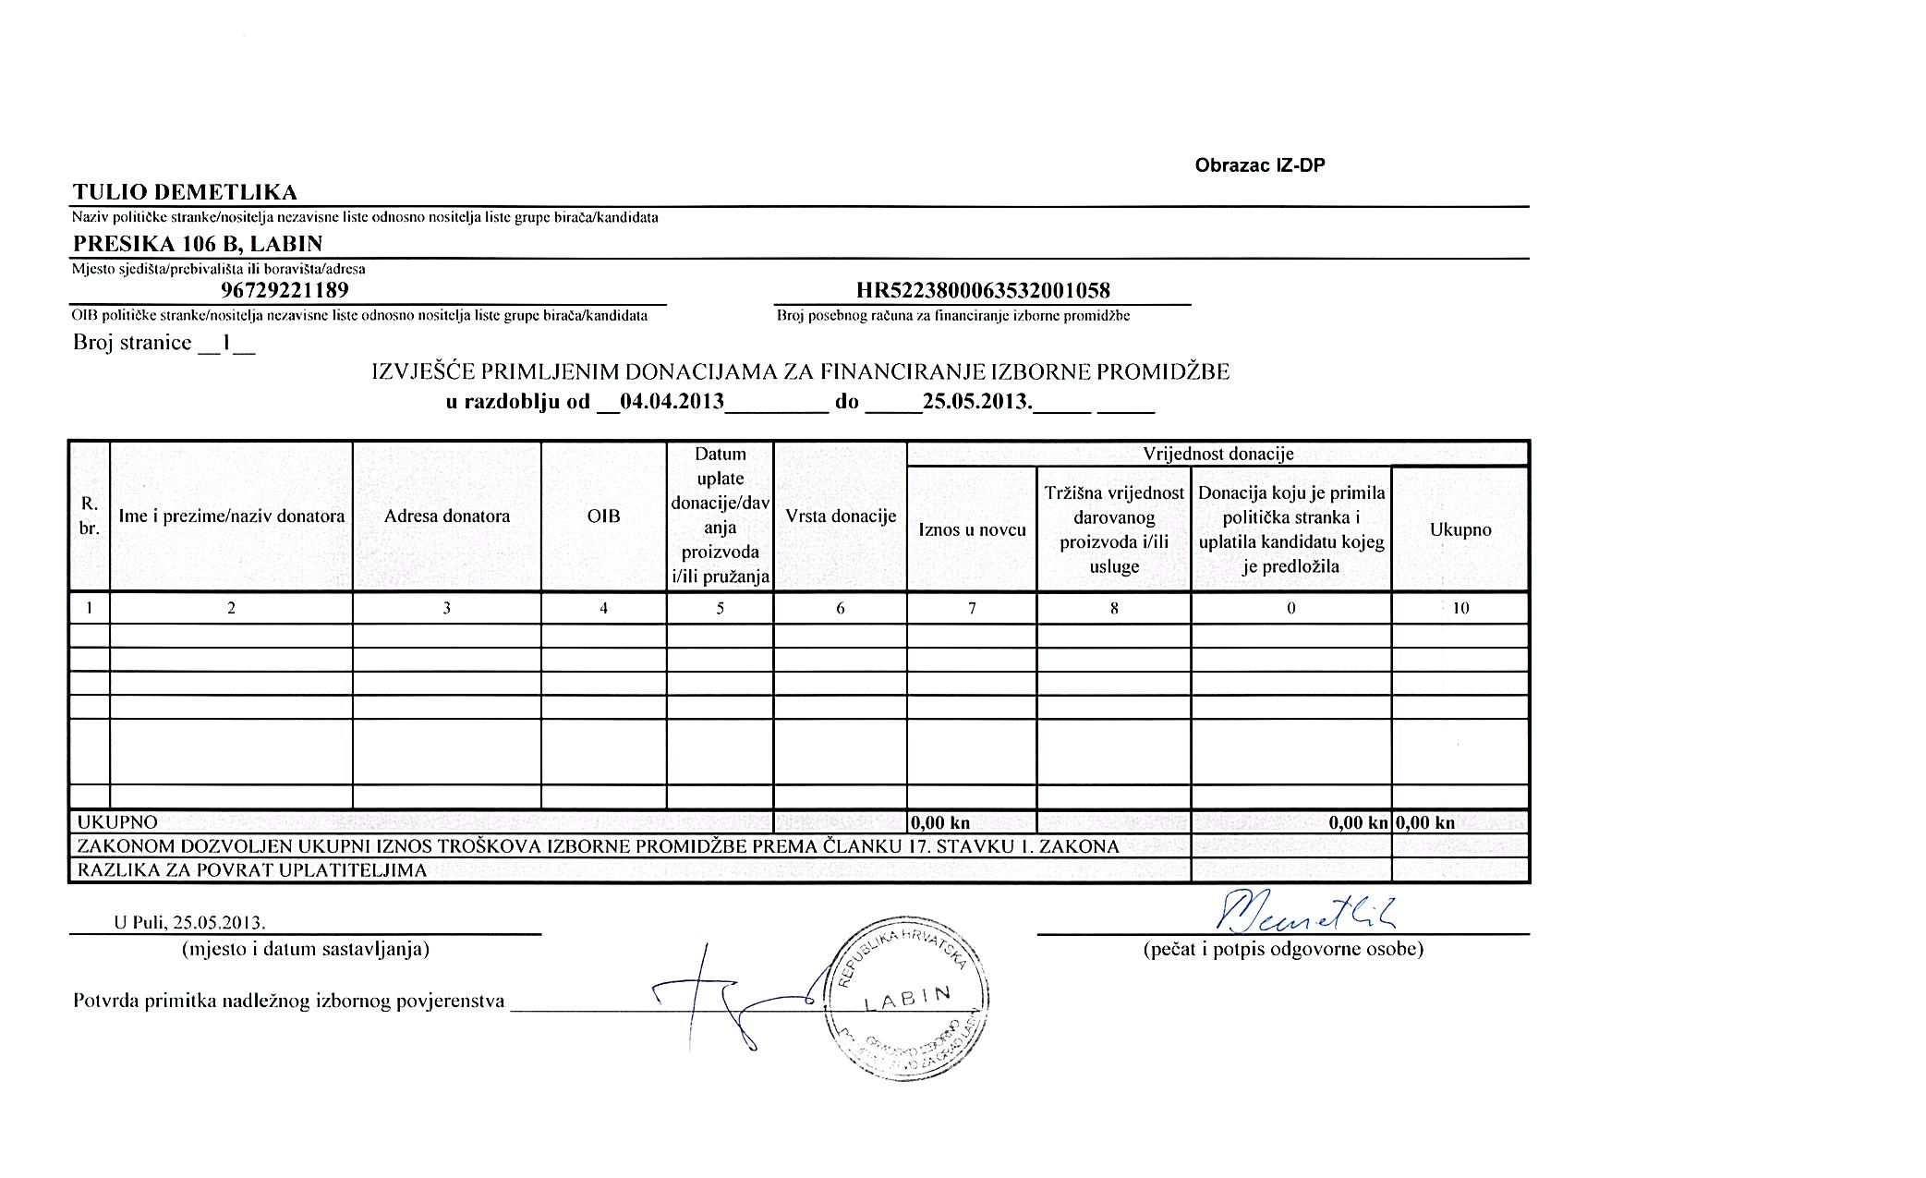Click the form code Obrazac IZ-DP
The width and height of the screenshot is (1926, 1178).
pyautogui.click(x=1260, y=165)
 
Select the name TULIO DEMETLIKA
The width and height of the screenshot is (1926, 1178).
pyautogui.click(x=185, y=193)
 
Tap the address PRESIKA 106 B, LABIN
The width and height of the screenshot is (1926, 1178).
pyautogui.click(x=198, y=244)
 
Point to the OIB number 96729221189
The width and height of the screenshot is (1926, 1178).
pyautogui.click(x=285, y=291)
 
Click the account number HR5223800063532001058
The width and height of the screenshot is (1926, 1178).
pyautogui.click(x=983, y=291)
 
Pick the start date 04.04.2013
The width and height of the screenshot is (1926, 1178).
pyautogui.click(x=672, y=403)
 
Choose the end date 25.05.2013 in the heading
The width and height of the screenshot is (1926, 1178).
pyautogui.click(x=976, y=403)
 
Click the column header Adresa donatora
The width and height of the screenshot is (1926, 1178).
pyautogui.click(x=446, y=516)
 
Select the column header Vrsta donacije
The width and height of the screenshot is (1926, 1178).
pyautogui.click(x=841, y=516)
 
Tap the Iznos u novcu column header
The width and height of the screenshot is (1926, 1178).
pyautogui.click(x=972, y=529)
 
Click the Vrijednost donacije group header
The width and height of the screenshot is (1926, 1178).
pyautogui.click(x=1217, y=454)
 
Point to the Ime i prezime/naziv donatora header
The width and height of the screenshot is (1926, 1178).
pyautogui.click(x=231, y=516)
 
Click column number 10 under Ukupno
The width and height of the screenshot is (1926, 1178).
pyautogui.click(x=1460, y=608)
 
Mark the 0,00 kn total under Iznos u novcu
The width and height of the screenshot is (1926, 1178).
pyautogui.click(x=940, y=822)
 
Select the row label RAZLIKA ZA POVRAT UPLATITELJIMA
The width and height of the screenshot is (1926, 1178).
pyautogui.click(x=252, y=870)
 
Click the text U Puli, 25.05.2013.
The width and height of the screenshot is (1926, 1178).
pyautogui.click(x=189, y=923)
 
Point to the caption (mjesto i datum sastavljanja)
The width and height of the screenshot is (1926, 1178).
pyautogui.click(x=306, y=949)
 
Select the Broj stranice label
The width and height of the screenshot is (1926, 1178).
pyautogui.click(x=132, y=344)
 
